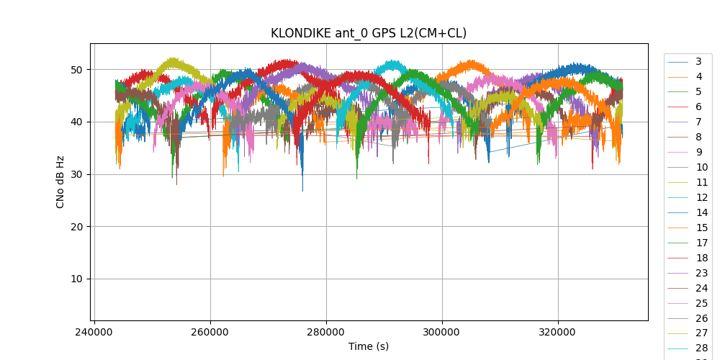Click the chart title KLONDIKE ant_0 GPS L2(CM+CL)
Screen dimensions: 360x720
pyautogui.click(x=368, y=33)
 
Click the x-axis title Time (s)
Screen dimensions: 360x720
pyautogui.click(x=368, y=346)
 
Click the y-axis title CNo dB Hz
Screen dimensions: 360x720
pyautogui.click(x=60, y=181)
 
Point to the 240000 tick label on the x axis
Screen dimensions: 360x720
pyautogui.click(x=94, y=333)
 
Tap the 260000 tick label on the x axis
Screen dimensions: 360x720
pyautogui.click(x=210, y=333)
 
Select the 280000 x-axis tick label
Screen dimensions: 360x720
pyautogui.click(x=326, y=333)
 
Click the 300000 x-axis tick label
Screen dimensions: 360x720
pyautogui.click(x=442, y=333)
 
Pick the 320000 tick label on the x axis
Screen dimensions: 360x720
pyautogui.click(x=558, y=333)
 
